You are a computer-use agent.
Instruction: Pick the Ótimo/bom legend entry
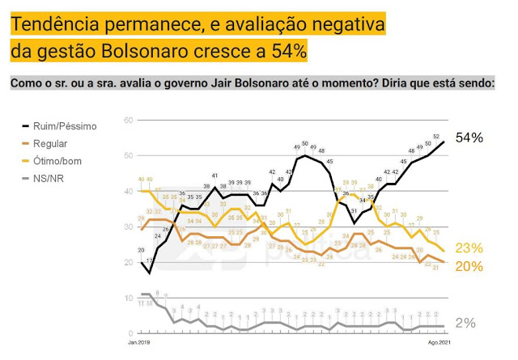(60, 161)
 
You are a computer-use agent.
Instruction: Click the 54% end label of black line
(469, 138)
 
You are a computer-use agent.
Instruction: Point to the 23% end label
(469, 248)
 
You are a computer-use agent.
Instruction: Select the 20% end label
(469, 266)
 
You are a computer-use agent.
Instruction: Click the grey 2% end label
(465, 323)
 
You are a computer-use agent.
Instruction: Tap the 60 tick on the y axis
(127, 121)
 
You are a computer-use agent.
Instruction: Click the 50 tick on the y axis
(127, 156)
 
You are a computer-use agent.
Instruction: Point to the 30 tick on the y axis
(127, 227)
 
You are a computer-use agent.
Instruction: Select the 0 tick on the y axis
(129, 333)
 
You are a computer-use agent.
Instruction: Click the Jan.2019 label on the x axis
(139, 344)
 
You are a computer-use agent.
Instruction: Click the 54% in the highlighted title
(288, 52)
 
